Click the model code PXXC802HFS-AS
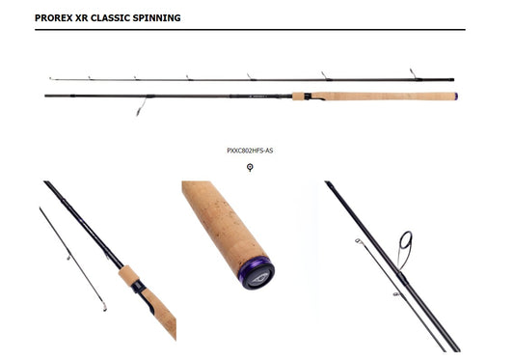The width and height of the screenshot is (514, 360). (x=250, y=151)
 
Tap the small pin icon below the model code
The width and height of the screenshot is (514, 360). (x=250, y=167)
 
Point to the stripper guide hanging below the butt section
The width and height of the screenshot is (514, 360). (x=145, y=103)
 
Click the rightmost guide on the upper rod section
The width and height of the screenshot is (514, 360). (x=411, y=73)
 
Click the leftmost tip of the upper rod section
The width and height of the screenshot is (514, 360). (x=49, y=78)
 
